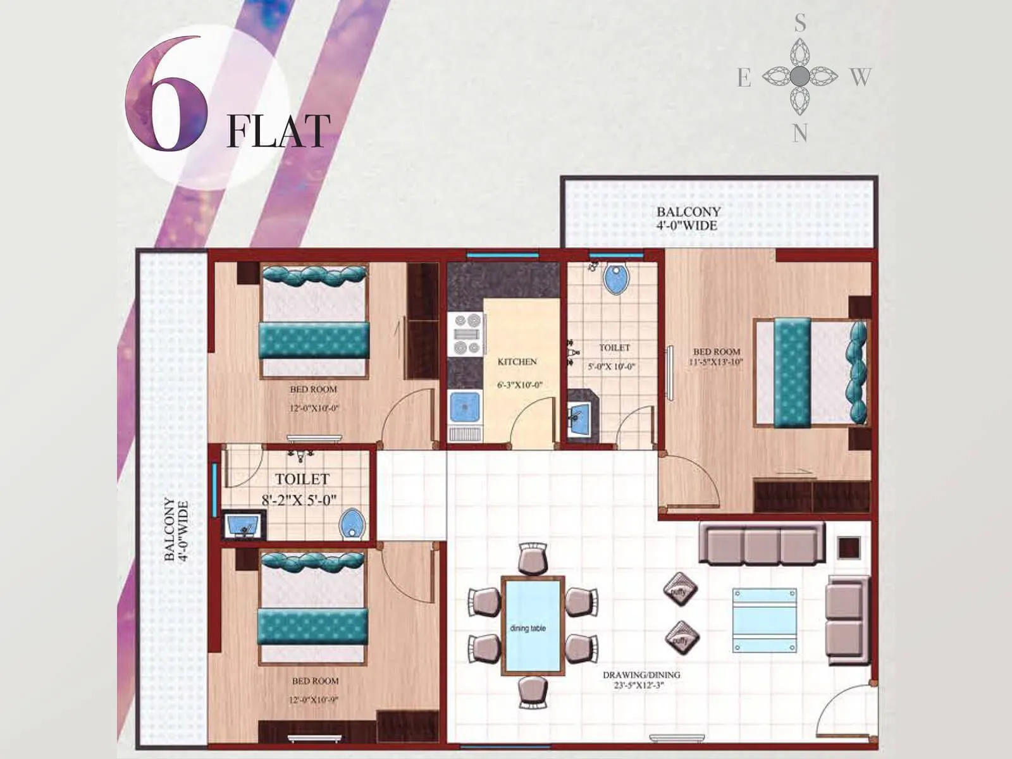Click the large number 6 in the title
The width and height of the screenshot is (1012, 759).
166,95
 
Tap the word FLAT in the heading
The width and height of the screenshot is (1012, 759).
278,131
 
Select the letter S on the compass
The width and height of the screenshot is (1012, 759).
800,24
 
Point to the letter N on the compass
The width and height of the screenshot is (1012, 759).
800,133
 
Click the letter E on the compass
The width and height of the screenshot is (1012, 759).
744,78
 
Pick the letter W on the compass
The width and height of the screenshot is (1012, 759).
860,77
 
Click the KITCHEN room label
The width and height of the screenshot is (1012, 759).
517,362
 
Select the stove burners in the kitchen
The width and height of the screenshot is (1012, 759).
467,334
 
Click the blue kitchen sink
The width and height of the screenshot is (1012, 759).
465,407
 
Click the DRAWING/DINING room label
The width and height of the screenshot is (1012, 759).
641,675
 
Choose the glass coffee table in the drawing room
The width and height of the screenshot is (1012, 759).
764,620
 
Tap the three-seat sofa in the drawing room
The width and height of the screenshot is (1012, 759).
762,543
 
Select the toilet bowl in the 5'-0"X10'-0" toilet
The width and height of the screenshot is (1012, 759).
615,279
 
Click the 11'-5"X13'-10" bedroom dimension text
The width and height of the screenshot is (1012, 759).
716,362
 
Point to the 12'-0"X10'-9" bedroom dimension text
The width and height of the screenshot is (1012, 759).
315,700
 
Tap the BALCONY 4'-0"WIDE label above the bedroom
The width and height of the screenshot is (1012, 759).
688,219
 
